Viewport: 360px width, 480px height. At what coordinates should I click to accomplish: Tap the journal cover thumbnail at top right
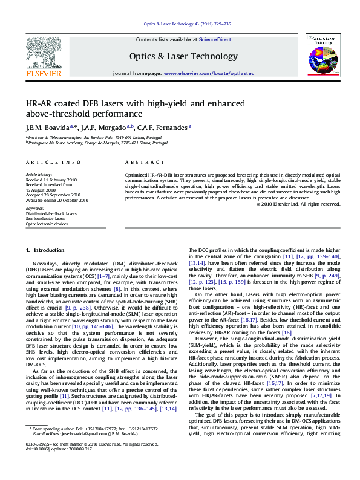click(x=321, y=56)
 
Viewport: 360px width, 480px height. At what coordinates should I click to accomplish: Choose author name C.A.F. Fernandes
click(x=164, y=128)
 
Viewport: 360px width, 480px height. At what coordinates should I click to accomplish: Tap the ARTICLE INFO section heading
click(x=53, y=163)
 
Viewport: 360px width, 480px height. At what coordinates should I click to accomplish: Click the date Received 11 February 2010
click(x=51, y=180)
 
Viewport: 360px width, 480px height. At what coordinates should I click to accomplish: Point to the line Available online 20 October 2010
click(x=57, y=200)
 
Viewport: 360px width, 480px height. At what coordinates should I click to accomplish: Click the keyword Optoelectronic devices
click(x=47, y=224)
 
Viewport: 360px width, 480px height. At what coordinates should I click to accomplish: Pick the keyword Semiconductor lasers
click(x=45, y=218)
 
